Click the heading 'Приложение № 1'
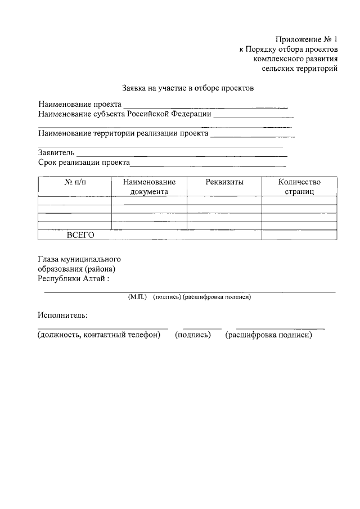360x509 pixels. (x=306, y=39)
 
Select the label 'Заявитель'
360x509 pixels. (x=56, y=152)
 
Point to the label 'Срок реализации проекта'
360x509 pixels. (x=84, y=163)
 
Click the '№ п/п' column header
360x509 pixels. (x=76, y=182)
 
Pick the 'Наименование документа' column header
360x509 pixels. (x=149, y=187)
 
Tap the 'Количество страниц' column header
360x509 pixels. (x=299, y=187)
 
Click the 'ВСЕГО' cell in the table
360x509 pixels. (x=80, y=235)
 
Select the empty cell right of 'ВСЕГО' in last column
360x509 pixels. (x=299, y=235)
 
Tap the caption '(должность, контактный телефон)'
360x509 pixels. (x=99, y=335)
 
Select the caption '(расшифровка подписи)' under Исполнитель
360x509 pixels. (x=268, y=335)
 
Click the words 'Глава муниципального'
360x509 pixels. (x=79, y=259)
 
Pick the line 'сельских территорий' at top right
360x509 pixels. (x=300, y=69)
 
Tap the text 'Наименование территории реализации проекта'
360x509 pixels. (x=123, y=134)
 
